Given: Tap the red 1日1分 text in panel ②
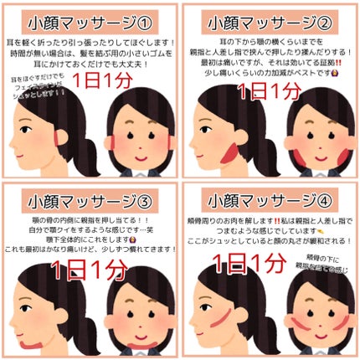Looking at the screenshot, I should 267,90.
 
